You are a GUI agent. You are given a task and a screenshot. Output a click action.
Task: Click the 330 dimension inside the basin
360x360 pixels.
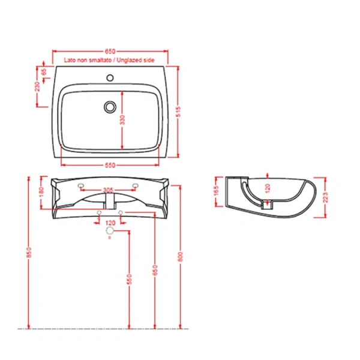pos(122,120)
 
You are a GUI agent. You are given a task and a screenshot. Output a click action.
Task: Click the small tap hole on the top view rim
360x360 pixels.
pos(110,77)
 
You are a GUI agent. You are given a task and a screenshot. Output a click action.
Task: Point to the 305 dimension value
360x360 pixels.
pos(108,191)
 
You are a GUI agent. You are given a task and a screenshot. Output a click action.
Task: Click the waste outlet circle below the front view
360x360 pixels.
pos(110,231)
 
